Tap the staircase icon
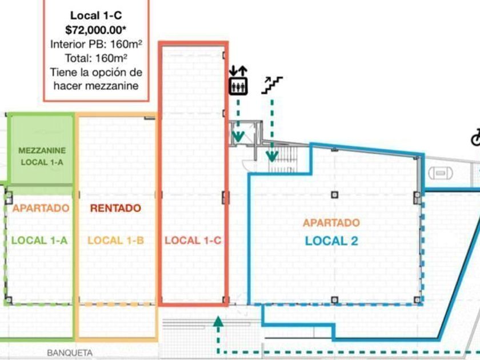click(x=271, y=85)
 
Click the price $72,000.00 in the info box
click(x=96, y=30)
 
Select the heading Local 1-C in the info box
click(x=96, y=16)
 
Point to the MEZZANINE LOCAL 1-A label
click(x=42, y=157)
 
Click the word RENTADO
click(x=115, y=208)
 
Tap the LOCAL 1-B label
click(x=115, y=241)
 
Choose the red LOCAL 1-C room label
click(x=193, y=241)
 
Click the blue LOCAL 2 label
click(x=331, y=241)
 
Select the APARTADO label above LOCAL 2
click(x=331, y=223)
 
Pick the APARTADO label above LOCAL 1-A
click(x=41, y=208)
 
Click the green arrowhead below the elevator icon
click(x=238, y=136)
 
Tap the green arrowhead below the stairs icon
click(x=272, y=154)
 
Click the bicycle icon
click(x=475, y=137)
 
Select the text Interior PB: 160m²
click(x=96, y=44)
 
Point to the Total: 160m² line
click(x=96, y=58)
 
